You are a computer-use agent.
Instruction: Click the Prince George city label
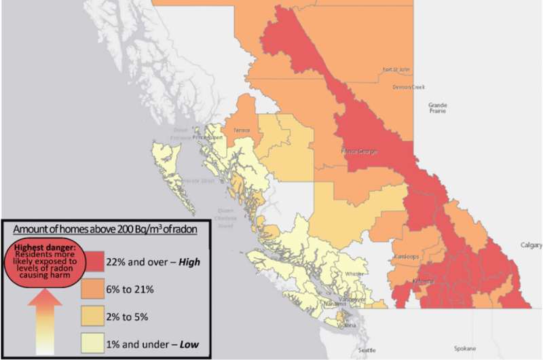tap(359, 151)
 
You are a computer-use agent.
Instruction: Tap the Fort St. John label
tap(396, 70)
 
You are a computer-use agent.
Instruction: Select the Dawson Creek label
tap(408, 87)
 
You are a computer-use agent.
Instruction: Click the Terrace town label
tap(241, 129)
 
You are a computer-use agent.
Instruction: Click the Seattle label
tap(367, 350)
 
